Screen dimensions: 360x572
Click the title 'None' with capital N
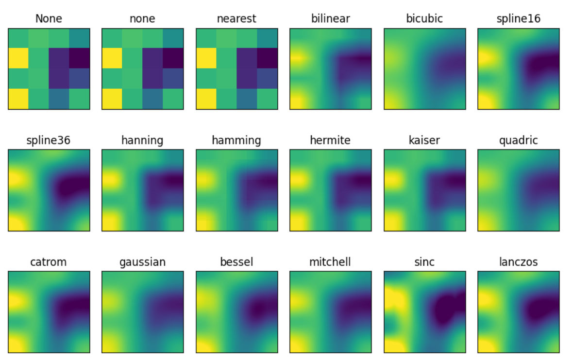click(49, 19)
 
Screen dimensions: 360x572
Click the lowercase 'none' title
click(142, 19)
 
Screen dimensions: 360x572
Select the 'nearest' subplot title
click(236, 19)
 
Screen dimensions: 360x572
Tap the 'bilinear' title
click(330, 19)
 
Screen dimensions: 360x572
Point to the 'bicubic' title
click(424, 19)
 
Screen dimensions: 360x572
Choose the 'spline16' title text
click(519, 19)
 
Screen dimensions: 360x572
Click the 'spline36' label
click(49, 141)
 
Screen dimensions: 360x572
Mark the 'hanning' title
click(142, 141)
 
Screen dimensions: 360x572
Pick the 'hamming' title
click(236, 141)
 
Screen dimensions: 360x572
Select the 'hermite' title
click(330, 141)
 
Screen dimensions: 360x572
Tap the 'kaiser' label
click(424, 141)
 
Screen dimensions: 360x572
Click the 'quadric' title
click(519, 141)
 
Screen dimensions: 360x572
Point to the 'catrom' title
click(49, 262)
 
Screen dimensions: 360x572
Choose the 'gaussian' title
click(142, 262)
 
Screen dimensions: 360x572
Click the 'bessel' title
click(236, 262)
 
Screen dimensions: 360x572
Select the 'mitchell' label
click(330, 262)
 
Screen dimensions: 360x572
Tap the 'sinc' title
click(424, 262)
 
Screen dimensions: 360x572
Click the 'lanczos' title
click(519, 262)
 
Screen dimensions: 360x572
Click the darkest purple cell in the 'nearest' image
click(267, 58)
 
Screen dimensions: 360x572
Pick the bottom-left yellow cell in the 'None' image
click(18, 99)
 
